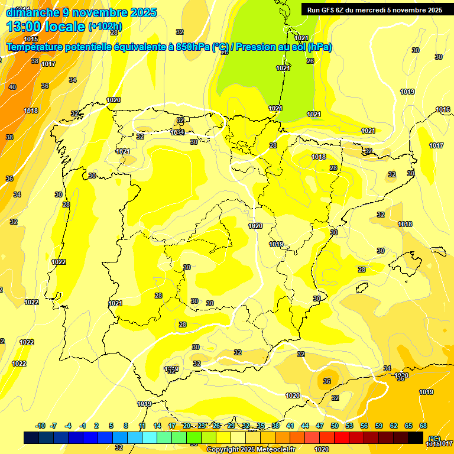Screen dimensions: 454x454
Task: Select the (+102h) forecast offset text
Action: click(x=105, y=27)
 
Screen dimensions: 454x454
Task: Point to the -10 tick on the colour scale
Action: click(x=41, y=426)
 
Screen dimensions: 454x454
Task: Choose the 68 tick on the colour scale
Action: click(x=423, y=426)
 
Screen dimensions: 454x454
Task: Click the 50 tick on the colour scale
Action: click(x=335, y=426)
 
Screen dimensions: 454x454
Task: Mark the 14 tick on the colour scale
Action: click(x=157, y=426)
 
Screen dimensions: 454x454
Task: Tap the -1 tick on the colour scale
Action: click(x=83, y=426)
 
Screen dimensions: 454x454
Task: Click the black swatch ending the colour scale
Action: click(x=416, y=437)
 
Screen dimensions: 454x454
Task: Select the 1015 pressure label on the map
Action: click(x=31, y=56)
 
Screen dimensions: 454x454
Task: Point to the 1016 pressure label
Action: click(x=443, y=109)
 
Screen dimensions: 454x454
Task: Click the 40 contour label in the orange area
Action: click(x=12, y=87)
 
